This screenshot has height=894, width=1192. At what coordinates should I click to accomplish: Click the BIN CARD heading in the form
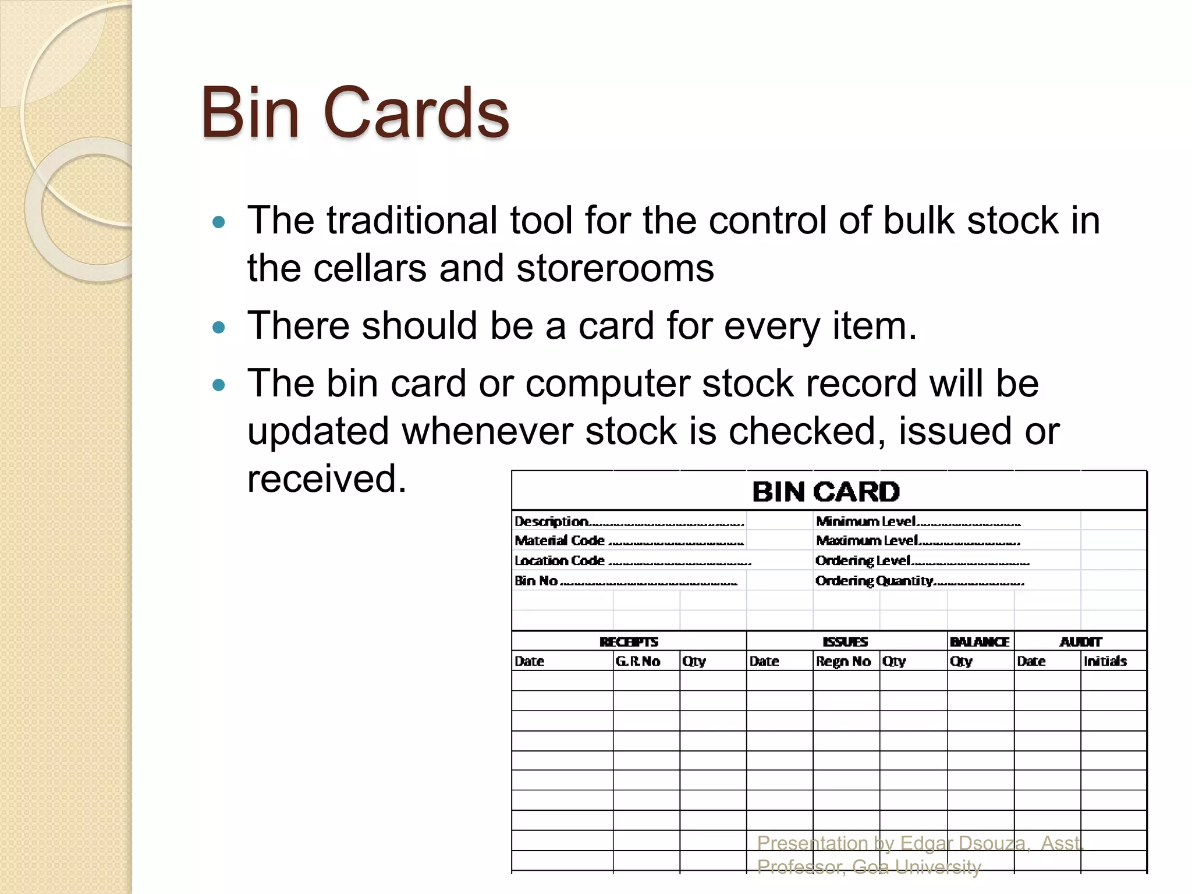[x=826, y=492]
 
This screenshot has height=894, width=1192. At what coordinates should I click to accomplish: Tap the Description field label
[x=552, y=521]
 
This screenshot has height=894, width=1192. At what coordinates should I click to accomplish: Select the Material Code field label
[x=559, y=541]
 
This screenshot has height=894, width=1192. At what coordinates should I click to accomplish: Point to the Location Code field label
[x=559, y=561]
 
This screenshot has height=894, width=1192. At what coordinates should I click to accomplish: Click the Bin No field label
[x=536, y=581]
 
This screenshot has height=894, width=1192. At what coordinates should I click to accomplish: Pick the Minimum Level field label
[x=866, y=521]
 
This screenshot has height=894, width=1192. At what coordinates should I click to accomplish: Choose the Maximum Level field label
[x=867, y=541]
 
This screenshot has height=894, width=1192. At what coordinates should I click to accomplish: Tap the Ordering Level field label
[x=863, y=561]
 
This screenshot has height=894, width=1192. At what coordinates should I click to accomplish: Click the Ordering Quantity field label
[x=874, y=581]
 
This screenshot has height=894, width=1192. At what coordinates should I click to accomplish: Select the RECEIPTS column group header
[x=629, y=642]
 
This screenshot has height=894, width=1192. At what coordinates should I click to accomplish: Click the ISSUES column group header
[x=845, y=642]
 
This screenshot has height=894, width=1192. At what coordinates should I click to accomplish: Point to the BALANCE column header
[x=980, y=642]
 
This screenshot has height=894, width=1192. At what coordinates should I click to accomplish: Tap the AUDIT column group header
[x=1080, y=642]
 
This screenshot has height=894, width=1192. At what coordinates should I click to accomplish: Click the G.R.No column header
[x=637, y=661]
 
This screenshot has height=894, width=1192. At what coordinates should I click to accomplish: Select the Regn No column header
[x=843, y=661]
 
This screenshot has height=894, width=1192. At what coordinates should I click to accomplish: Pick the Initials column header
[x=1105, y=661]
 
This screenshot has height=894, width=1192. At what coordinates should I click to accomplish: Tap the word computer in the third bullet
[x=608, y=384]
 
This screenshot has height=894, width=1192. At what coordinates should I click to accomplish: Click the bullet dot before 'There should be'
[x=219, y=328]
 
